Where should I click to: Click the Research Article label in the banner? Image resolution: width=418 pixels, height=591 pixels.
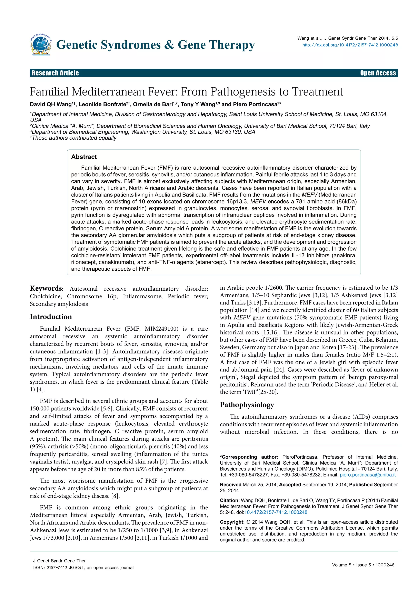(55, 73)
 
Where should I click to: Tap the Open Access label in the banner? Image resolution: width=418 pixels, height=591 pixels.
(378, 73)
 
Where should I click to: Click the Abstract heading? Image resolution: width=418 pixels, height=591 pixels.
(84, 157)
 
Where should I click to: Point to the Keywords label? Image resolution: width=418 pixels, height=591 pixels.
(46, 288)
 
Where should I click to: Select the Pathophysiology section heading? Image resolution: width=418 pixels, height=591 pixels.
(247, 405)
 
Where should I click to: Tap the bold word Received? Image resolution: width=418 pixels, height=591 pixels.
(230, 485)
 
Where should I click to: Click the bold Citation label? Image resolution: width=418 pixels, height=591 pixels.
(230, 500)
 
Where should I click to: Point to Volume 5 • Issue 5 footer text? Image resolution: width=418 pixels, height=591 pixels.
(363, 565)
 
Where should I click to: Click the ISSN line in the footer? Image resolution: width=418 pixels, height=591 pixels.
(83, 567)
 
